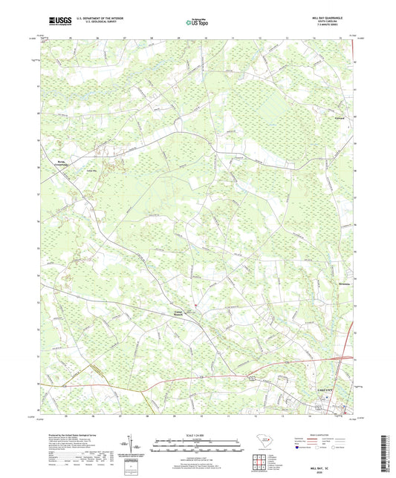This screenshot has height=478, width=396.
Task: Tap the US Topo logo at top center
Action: pos(193,23)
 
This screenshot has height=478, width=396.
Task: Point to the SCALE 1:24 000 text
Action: pos(198,434)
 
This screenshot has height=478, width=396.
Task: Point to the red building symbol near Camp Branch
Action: pos(195,306)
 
